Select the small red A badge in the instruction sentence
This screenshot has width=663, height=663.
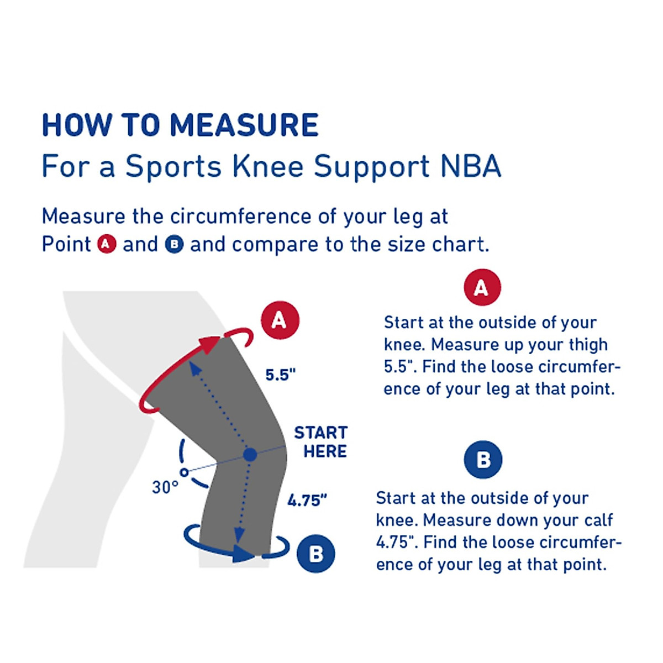pyautogui.click(x=107, y=244)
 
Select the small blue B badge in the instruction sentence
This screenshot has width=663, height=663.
pyautogui.click(x=174, y=244)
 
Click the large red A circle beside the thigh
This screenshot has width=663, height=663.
pyautogui.click(x=280, y=320)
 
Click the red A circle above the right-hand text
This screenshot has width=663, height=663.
pyautogui.click(x=482, y=287)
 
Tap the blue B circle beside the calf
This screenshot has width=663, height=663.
pyautogui.click(x=315, y=553)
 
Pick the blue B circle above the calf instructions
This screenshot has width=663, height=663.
pyautogui.click(x=483, y=459)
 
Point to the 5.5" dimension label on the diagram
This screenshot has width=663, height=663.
pyautogui.click(x=280, y=375)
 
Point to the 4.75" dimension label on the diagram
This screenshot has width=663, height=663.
pyautogui.click(x=307, y=501)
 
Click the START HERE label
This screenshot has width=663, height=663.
pyautogui.click(x=321, y=441)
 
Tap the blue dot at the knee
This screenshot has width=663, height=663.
pyautogui.click(x=250, y=455)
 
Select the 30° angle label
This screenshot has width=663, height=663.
pyautogui.click(x=165, y=487)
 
